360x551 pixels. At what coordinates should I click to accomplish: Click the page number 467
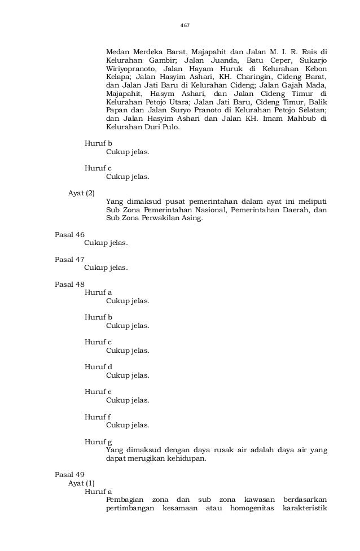pos(184,25)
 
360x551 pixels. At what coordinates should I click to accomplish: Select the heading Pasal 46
pos(69,235)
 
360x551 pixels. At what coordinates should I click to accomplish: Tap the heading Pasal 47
pos(69,260)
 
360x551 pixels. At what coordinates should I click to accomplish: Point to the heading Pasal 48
pos(69,285)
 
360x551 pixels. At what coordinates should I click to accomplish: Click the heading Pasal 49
pos(69,475)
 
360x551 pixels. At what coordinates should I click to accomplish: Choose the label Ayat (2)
pos(81,193)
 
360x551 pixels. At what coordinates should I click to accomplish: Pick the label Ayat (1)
pos(81,483)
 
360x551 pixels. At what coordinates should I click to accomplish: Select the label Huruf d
pos(98,367)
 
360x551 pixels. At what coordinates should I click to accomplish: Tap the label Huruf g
pos(98,441)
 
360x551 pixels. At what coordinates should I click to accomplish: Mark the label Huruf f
pos(98,417)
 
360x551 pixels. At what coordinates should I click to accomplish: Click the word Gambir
pos(161,61)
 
